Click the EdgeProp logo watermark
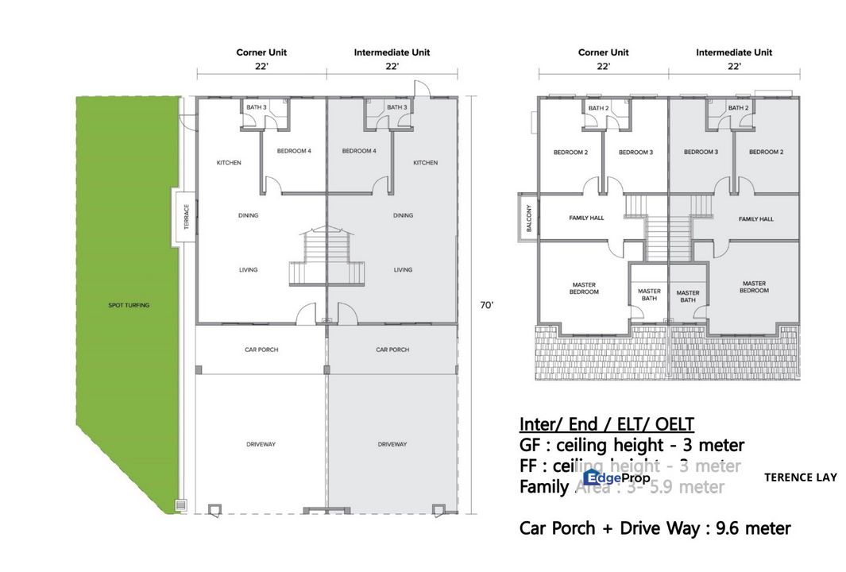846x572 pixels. tap(616, 477)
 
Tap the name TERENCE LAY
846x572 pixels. tap(800, 477)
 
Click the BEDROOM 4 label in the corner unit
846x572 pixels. tap(293, 151)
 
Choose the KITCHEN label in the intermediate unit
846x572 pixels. tap(425, 163)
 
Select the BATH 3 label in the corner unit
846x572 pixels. tap(256, 107)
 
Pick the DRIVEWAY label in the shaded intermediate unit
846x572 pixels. tap(392, 444)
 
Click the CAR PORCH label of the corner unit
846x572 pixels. tap(261, 350)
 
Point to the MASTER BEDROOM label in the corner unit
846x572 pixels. tap(585, 288)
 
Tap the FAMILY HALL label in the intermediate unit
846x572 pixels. tap(755, 218)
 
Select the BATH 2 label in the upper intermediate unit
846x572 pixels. tap(738, 107)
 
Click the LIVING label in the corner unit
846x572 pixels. tap(248, 270)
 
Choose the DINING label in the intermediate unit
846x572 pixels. tap(403, 215)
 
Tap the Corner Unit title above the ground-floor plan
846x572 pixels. tap(261, 52)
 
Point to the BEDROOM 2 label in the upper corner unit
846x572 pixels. tap(570, 153)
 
